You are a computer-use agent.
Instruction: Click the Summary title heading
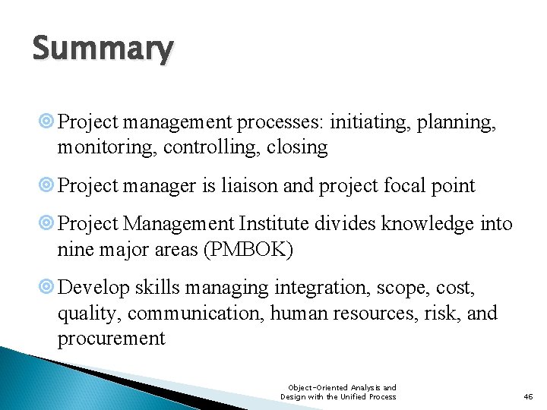[103, 49]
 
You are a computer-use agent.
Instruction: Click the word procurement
[111, 339]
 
